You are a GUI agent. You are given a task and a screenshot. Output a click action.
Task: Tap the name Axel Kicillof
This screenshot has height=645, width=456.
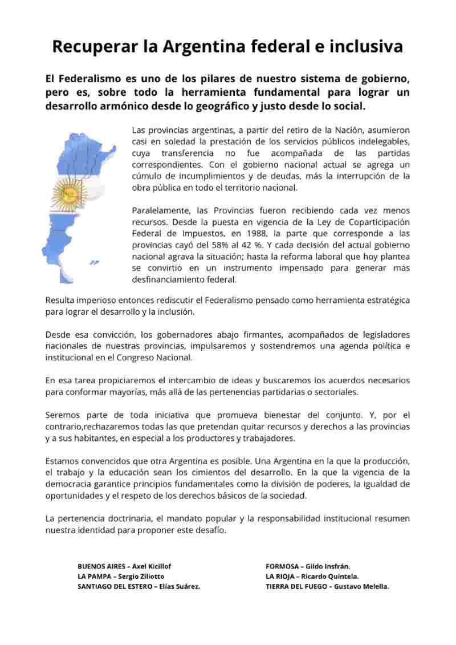152,566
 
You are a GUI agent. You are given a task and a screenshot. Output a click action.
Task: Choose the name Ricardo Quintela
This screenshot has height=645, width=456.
330,576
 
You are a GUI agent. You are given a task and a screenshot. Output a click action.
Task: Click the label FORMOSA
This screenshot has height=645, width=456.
282,566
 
